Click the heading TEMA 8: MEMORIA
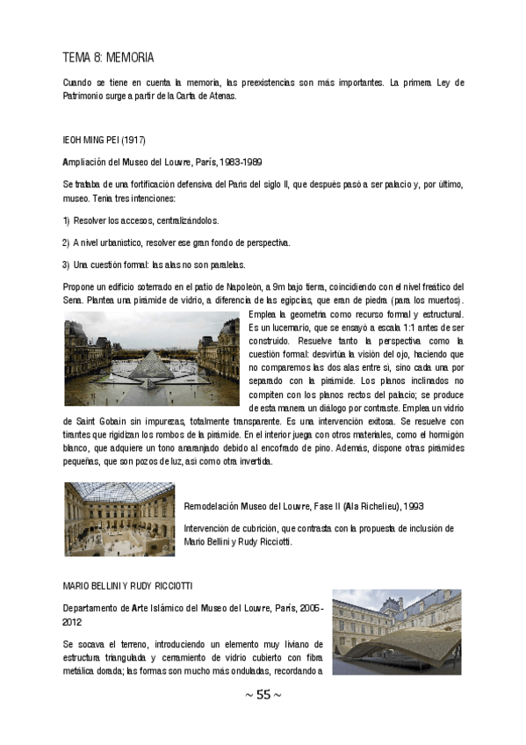tap(108, 58)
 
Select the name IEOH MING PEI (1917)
tap(104, 140)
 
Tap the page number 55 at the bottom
tap(263, 695)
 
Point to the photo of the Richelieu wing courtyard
tap(119, 519)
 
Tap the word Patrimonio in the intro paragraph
tap(87, 96)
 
